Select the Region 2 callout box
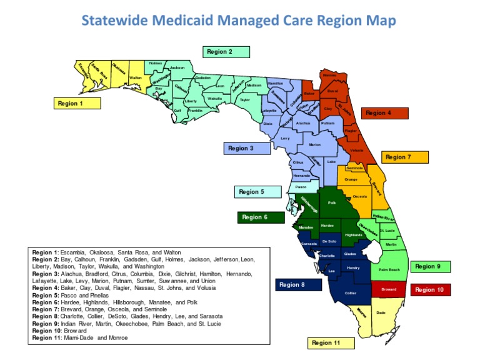tap(226, 52)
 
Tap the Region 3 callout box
tap(246, 148)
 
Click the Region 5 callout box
tap(257, 192)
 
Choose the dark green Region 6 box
tap(261, 217)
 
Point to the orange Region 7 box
tap(404, 157)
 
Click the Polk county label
tap(332, 203)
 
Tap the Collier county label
tap(351, 292)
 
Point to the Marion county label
tap(314, 144)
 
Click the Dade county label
tap(381, 312)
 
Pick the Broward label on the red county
tap(389, 289)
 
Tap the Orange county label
tap(351, 179)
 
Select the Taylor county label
tap(244, 99)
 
